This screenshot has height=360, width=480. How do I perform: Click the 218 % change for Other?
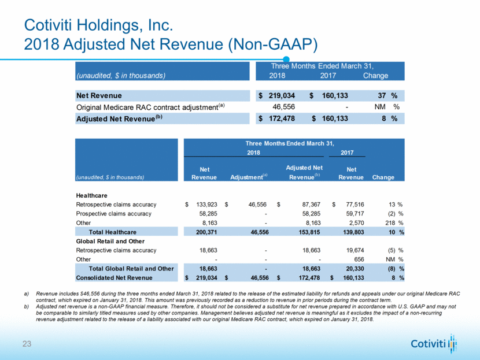[x=387, y=222]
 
